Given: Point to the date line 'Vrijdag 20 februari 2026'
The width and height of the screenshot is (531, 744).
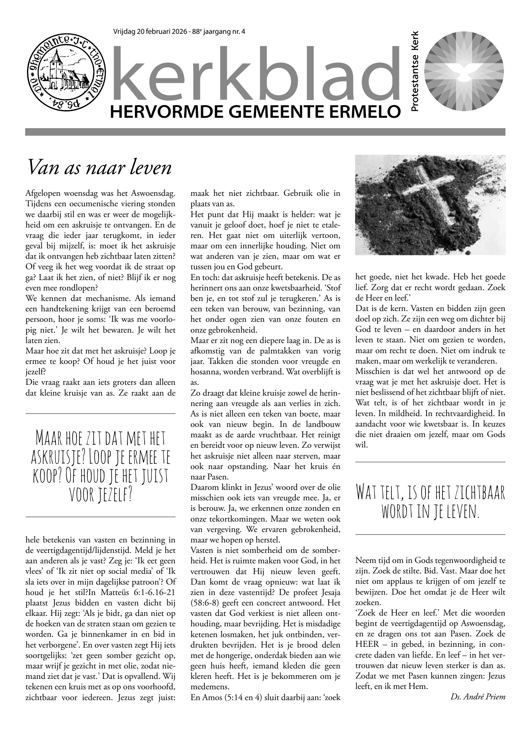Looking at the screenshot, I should (151, 32).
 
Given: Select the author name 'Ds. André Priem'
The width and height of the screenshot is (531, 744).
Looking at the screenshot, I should (478, 696).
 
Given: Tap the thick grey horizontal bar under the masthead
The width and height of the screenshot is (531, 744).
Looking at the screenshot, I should (265, 132).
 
